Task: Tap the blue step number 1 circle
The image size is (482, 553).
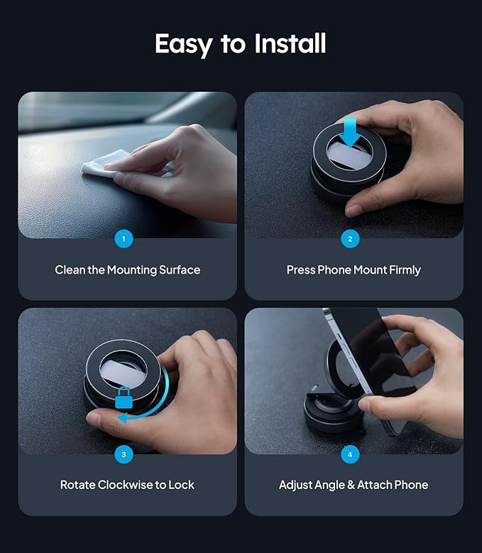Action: point(124,239)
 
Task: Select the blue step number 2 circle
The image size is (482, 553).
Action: point(350,239)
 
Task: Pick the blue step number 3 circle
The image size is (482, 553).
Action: point(124,454)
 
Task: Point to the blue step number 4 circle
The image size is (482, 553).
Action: point(350,454)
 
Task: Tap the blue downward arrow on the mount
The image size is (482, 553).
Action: point(350,132)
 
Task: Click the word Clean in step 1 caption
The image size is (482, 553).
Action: point(70,270)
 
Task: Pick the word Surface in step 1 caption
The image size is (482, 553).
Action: point(180,270)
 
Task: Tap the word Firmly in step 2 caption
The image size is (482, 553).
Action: point(405,270)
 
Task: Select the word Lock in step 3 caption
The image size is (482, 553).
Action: point(182,485)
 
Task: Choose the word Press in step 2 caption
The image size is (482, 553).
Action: point(300,270)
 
